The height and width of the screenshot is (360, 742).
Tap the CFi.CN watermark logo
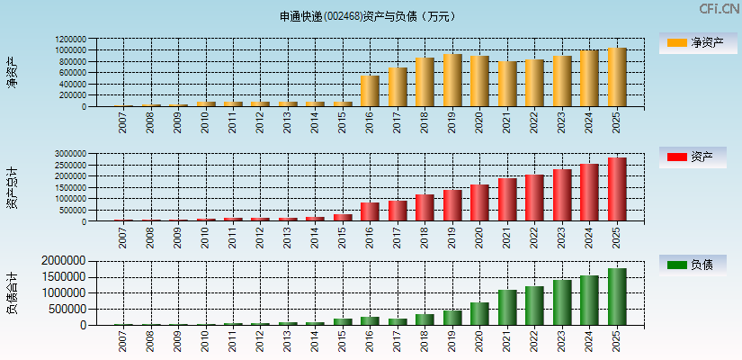click(x=719, y=9)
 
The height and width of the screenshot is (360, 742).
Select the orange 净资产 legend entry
click(x=692, y=42)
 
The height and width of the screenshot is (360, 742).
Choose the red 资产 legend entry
click(x=692, y=157)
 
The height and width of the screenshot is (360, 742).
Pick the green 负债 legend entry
click(x=692, y=265)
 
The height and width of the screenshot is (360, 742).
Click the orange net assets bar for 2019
click(x=452, y=80)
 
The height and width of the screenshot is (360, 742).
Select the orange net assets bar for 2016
click(x=370, y=91)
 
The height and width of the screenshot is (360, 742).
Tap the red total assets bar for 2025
click(x=617, y=189)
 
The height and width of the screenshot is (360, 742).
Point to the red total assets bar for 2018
click(x=425, y=208)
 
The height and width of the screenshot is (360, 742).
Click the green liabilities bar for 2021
click(x=507, y=307)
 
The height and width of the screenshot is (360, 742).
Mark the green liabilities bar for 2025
click(x=617, y=296)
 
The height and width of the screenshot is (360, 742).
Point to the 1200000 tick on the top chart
click(x=69, y=40)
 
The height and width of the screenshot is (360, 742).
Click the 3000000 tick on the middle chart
click(x=69, y=154)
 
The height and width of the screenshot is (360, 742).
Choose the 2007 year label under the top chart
click(x=123, y=121)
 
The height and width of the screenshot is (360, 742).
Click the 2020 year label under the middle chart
click(x=479, y=236)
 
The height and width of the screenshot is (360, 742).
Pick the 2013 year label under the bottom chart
click(x=288, y=341)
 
